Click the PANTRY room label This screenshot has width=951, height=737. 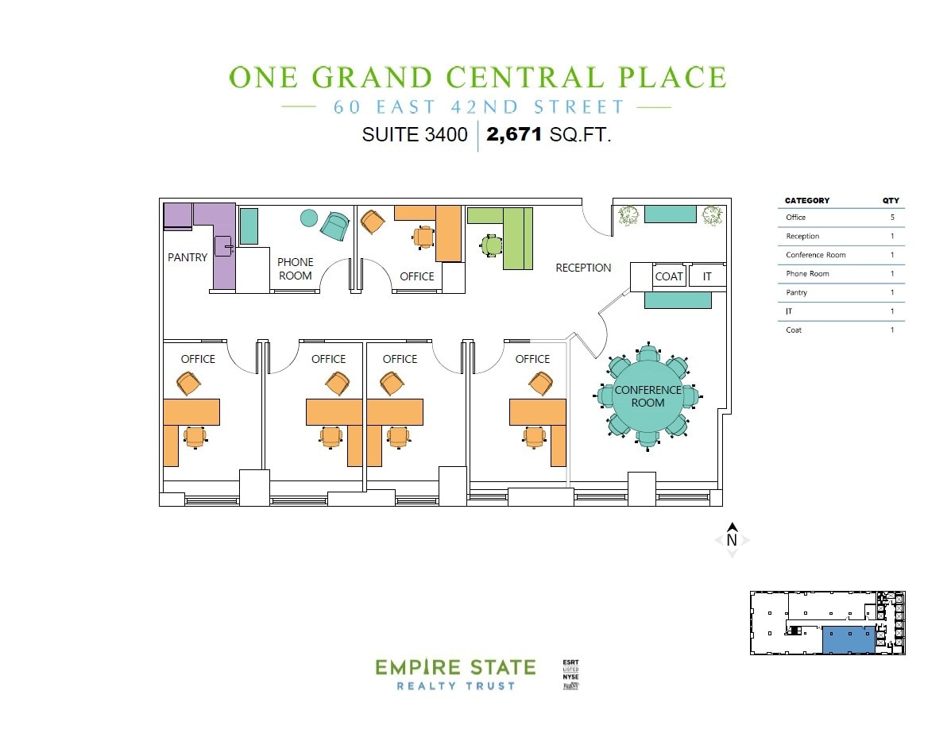187,257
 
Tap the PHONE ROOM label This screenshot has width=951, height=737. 295,268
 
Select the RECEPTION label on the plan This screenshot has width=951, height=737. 583,268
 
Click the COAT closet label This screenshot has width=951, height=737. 669,276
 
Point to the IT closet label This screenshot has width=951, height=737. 706,276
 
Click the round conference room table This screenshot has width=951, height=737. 648,396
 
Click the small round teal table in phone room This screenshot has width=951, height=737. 309,218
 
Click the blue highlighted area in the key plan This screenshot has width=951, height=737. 848,639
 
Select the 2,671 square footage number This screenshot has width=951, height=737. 514,135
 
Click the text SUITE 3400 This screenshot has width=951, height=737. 415,135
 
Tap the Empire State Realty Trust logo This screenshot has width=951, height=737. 455,673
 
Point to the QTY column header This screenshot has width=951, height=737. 891,201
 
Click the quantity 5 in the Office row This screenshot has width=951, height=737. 892,217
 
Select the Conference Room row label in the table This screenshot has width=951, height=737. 815,255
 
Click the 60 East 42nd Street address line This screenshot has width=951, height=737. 479,106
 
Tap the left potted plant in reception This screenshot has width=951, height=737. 628,215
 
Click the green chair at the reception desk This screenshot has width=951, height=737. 491,246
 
